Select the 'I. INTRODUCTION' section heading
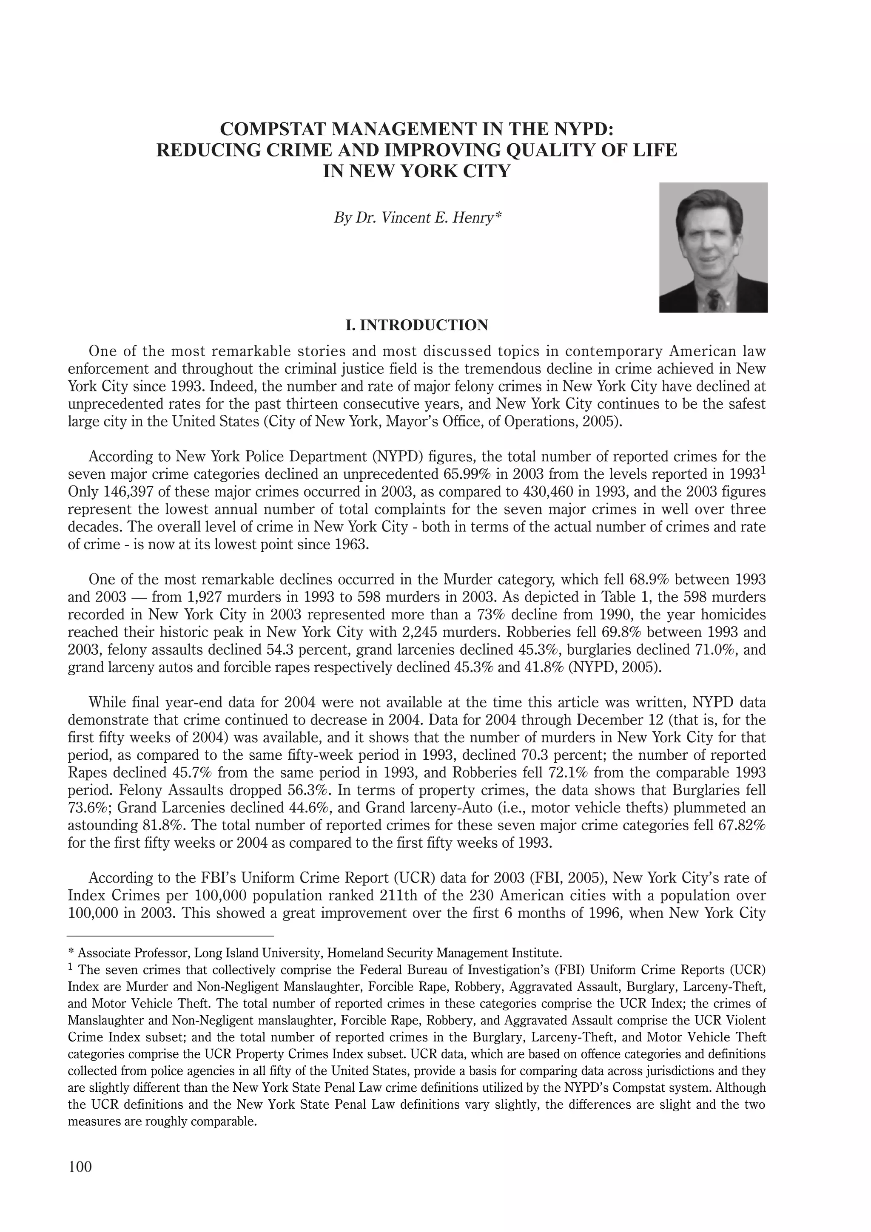tap(417, 325)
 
